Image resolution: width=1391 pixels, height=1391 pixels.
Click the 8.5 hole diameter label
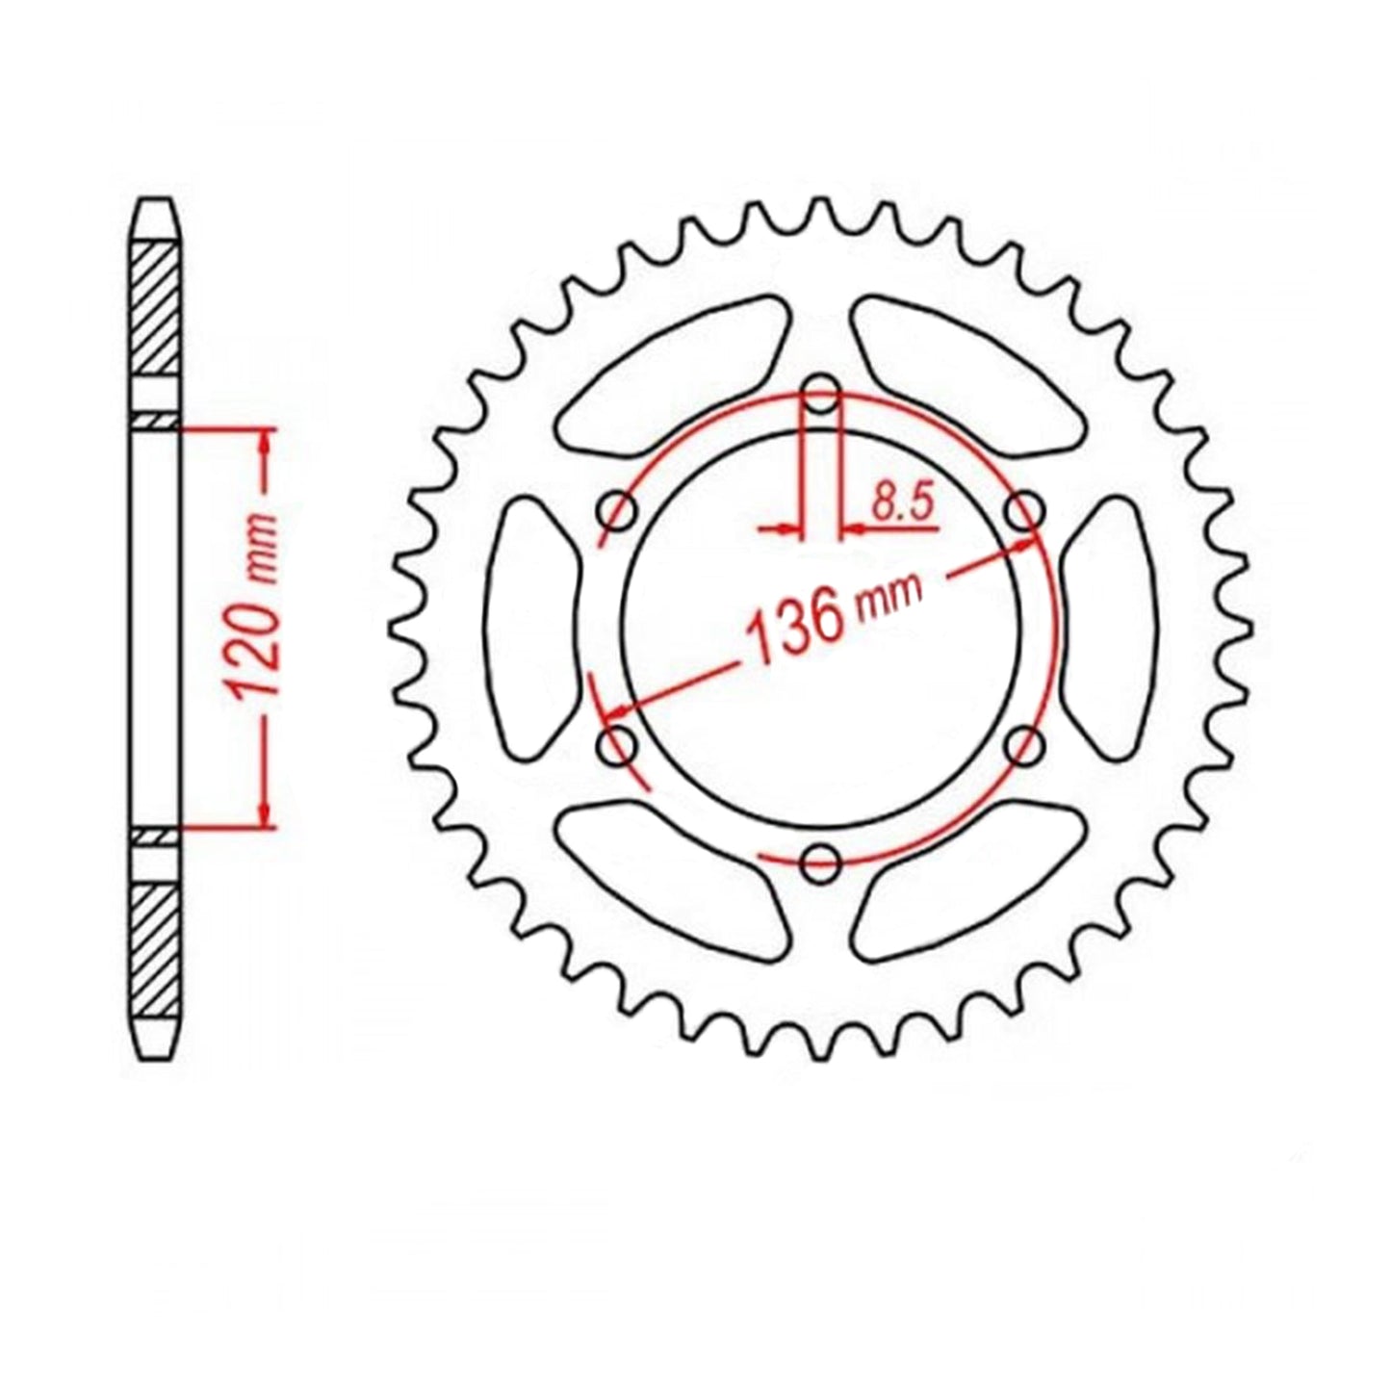(x=901, y=504)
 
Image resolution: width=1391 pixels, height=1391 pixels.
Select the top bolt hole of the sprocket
(x=820, y=392)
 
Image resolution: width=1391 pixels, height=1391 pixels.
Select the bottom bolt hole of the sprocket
(x=820, y=860)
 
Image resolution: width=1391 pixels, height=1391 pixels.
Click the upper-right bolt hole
(x=1025, y=509)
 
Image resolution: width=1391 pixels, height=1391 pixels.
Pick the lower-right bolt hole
(x=1025, y=743)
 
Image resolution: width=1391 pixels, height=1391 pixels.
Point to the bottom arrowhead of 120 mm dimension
(x=267, y=814)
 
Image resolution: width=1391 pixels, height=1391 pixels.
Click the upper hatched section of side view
(x=154, y=308)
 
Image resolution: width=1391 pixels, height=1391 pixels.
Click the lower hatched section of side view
(x=154, y=943)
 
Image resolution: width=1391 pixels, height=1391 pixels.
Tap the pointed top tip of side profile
(x=154, y=203)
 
